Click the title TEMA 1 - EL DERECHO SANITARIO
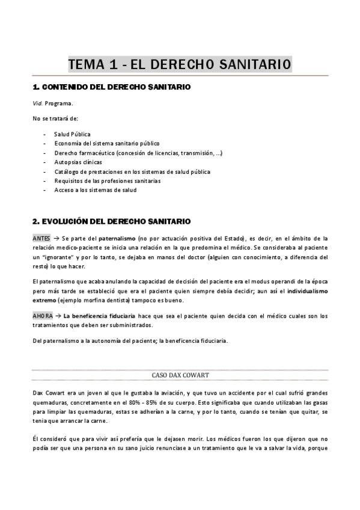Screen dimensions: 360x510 180,64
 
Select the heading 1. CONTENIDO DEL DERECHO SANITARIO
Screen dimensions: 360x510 111,87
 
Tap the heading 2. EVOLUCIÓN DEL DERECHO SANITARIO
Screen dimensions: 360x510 111,221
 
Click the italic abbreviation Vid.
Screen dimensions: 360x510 38,103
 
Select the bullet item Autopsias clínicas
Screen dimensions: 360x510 78,162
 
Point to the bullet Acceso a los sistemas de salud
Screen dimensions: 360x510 95,190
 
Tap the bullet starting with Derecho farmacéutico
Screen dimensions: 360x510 138,153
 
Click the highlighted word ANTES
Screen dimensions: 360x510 41,238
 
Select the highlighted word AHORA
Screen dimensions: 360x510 42,316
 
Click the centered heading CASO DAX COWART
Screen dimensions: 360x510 180,375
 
